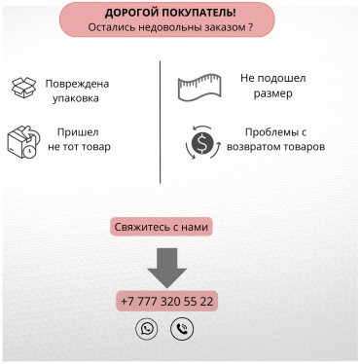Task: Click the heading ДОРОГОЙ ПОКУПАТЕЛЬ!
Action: (170, 13)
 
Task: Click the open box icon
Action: (23, 88)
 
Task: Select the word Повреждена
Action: (77, 84)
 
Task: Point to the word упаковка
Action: (76, 98)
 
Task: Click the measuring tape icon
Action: (199, 88)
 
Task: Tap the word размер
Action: (272, 93)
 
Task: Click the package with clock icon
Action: (23, 142)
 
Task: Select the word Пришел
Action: (78, 132)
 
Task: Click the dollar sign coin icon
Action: (202, 142)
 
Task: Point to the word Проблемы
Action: (271, 132)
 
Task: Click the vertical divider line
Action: (161, 122)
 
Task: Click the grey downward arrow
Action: (167, 268)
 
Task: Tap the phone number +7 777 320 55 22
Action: (167, 301)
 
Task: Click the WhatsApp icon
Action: (147, 329)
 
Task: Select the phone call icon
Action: (182, 329)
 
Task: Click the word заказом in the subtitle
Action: (225, 27)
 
